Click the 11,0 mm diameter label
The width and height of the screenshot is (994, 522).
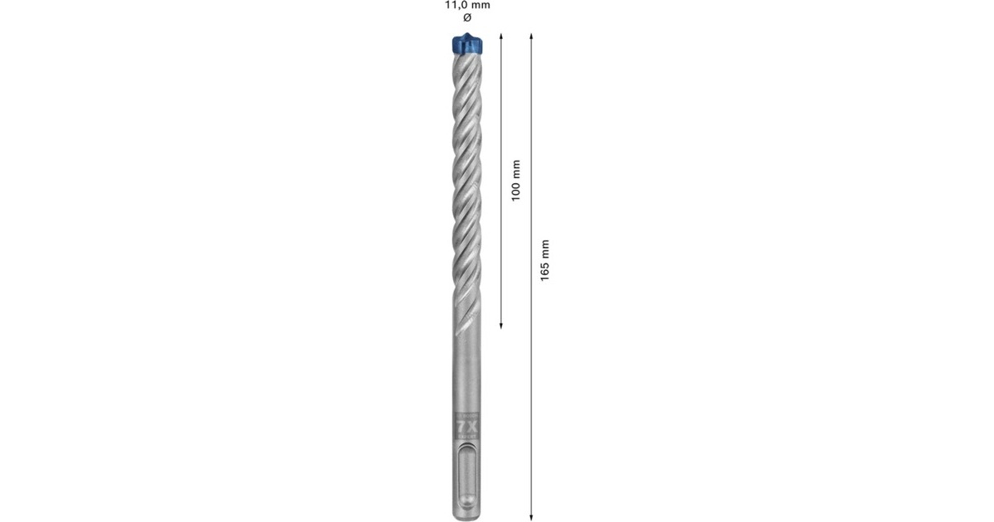click(467, 5)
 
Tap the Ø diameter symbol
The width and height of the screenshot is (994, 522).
click(467, 18)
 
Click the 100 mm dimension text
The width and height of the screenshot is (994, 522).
click(515, 181)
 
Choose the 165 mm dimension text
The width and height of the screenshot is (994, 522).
click(544, 259)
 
